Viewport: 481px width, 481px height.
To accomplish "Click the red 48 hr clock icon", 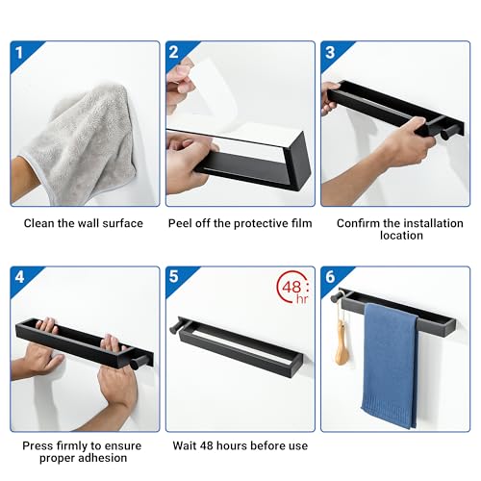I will pyautogui.click(x=291, y=289).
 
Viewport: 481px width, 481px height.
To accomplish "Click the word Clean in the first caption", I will pyautogui.click(x=41, y=223).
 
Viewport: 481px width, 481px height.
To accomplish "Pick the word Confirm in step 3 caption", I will pyautogui.click(x=358, y=223).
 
